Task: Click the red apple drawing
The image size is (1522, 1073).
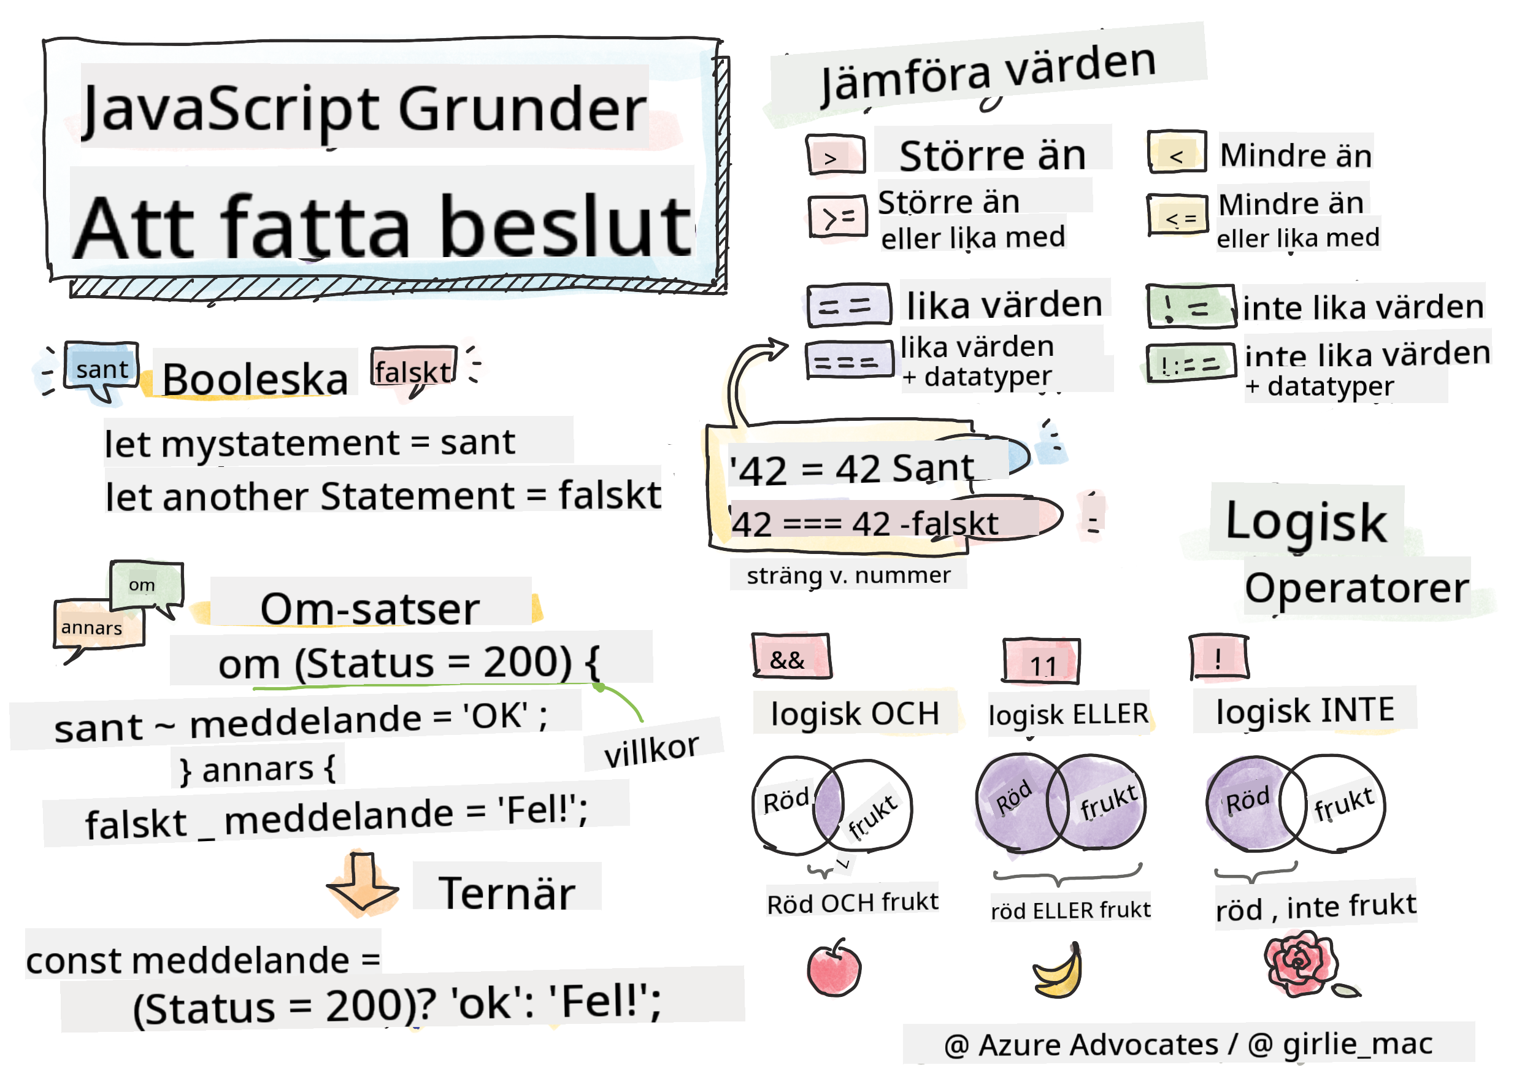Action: point(834,968)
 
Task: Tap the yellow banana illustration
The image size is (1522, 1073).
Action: point(1058,971)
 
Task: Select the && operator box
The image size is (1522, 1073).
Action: point(791,656)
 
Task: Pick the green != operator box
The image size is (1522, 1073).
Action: point(1191,306)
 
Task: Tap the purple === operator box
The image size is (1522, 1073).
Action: point(849,361)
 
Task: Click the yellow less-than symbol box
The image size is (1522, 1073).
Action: point(1177,152)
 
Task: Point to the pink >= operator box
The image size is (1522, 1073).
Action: point(838,216)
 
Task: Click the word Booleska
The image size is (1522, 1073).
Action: point(255,380)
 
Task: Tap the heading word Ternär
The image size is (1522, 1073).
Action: point(507,893)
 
